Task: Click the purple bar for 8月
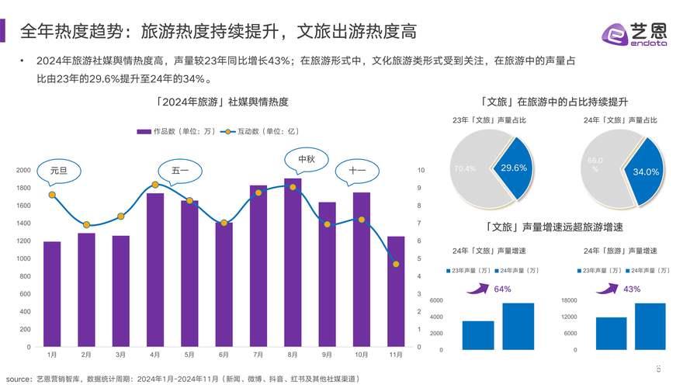(x=293, y=264)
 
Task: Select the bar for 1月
(x=52, y=295)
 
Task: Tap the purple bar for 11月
(x=396, y=292)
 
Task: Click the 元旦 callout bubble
(x=59, y=170)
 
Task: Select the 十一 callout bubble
(x=357, y=171)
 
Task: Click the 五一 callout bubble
(x=179, y=170)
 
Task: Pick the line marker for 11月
(x=396, y=265)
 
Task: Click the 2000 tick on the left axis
(x=24, y=170)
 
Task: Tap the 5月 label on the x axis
(x=189, y=355)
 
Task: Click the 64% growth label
(x=503, y=289)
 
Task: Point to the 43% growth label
(x=632, y=289)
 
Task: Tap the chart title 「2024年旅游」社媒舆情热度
(x=221, y=102)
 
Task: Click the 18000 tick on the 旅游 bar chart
(x=570, y=300)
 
